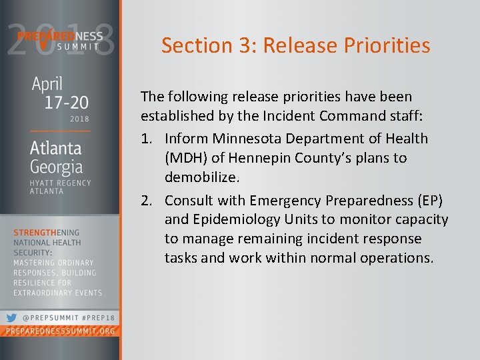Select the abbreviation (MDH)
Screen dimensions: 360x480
tap(186, 159)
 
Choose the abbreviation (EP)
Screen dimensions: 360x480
tap(434, 200)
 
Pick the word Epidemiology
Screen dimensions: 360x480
tap(241, 219)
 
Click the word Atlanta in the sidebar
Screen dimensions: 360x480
tap(55, 148)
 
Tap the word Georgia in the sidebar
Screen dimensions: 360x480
tap(56, 167)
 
